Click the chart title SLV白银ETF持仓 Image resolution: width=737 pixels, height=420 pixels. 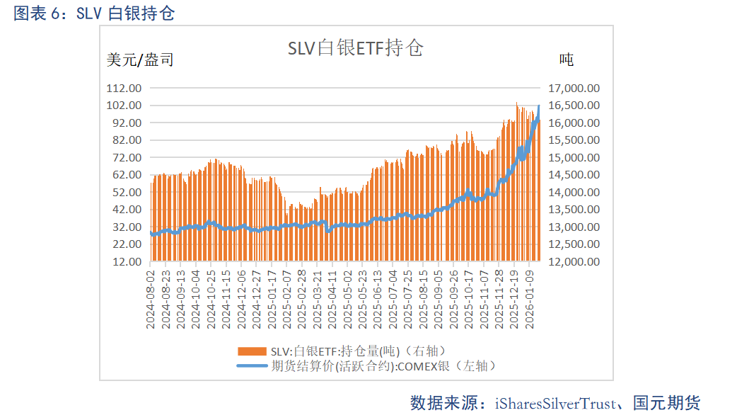pyautogui.click(x=355, y=48)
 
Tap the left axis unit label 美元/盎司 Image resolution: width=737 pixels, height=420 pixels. pyautogui.click(x=140, y=60)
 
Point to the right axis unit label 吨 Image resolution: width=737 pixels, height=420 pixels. pyautogui.click(x=566, y=60)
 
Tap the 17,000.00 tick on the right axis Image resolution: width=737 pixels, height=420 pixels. pyautogui.click(x=574, y=88)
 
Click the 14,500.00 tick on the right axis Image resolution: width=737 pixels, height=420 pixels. pyautogui.click(x=574, y=174)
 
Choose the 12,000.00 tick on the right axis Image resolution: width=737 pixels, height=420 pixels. pyautogui.click(x=574, y=261)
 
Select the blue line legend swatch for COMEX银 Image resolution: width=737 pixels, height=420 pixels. pyautogui.click(x=253, y=365)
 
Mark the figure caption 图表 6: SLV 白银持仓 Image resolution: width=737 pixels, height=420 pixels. pyautogui.click(x=94, y=13)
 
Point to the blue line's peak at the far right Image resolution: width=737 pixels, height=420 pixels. pyautogui.click(x=539, y=106)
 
